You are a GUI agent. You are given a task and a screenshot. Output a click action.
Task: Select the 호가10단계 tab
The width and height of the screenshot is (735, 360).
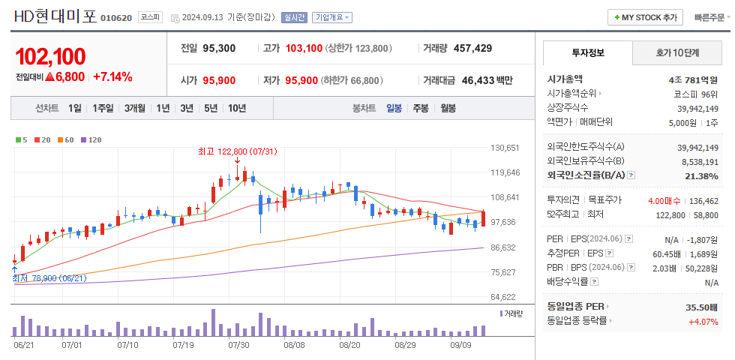point(676,52)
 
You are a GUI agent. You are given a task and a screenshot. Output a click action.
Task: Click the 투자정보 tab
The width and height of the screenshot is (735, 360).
point(587,52)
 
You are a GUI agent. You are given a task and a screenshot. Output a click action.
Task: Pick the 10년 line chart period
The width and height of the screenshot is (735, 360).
point(236,108)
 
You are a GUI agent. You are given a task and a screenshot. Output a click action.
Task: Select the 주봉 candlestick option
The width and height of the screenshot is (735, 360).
point(420,108)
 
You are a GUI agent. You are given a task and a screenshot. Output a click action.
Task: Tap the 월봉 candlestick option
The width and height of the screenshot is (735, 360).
point(448,108)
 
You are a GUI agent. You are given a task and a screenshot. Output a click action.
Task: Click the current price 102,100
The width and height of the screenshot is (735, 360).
point(50,56)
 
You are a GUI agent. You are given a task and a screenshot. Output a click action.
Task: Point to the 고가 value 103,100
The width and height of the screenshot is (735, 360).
point(304,48)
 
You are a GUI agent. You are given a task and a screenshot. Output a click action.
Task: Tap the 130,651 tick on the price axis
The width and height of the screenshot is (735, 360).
point(505,148)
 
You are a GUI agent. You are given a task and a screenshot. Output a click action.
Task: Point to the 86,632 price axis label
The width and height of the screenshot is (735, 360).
point(503,247)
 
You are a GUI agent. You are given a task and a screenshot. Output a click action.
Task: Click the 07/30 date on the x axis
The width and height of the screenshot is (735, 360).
point(238,345)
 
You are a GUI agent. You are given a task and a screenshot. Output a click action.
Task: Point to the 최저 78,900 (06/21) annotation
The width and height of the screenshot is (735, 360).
point(49,277)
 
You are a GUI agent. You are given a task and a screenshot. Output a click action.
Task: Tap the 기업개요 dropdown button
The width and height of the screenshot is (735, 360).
point(332,17)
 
